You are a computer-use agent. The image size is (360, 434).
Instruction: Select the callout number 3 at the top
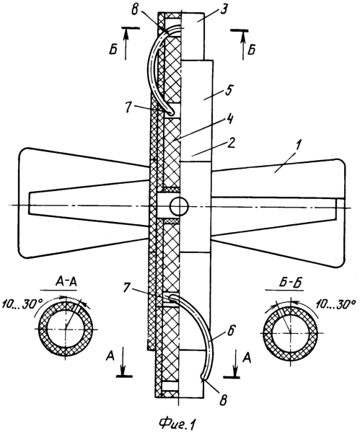[224, 9]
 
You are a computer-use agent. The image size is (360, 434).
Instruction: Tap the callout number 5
[229, 91]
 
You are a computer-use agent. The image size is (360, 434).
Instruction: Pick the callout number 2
[232, 143]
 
